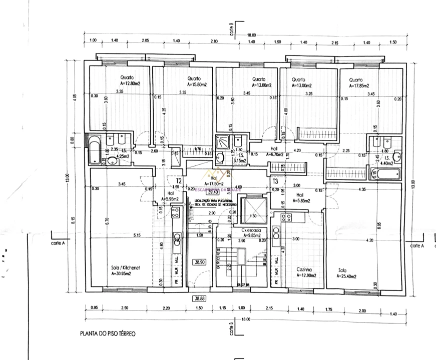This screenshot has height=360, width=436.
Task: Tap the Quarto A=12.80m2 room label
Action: pyautogui.click(x=126, y=81)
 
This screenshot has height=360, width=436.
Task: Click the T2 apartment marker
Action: pyautogui.click(x=179, y=181)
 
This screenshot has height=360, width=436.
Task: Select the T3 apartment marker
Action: pyautogui.click(x=275, y=181)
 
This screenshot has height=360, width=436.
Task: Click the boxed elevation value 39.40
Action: pyautogui.click(x=214, y=191)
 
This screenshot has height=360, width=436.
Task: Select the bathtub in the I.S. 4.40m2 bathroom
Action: pyautogui.click(x=384, y=174)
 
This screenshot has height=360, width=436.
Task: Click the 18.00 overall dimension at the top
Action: pyautogui.click(x=251, y=35)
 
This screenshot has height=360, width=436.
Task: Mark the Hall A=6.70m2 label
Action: pyautogui.click(x=275, y=152)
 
